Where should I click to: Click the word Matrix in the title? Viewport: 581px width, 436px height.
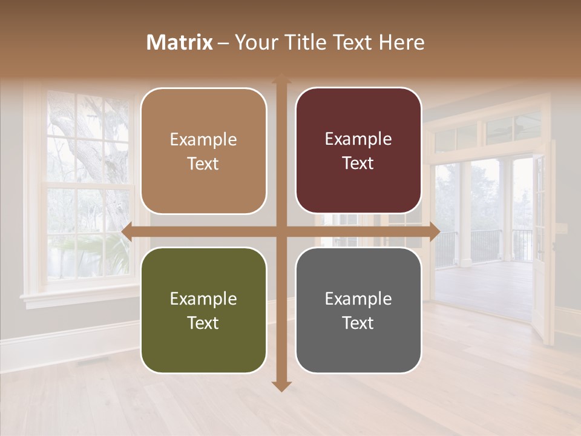click(180, 42)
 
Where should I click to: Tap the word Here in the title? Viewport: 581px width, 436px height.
click(402, 42)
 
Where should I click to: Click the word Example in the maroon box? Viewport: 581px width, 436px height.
click(358, 139)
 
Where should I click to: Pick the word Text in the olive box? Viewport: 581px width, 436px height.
click(203, 323)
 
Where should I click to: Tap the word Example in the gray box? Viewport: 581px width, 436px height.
click(358, 299)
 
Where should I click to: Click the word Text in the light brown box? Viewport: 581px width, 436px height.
click(203, 163)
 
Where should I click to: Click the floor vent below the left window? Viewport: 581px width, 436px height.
click(93, 362)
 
